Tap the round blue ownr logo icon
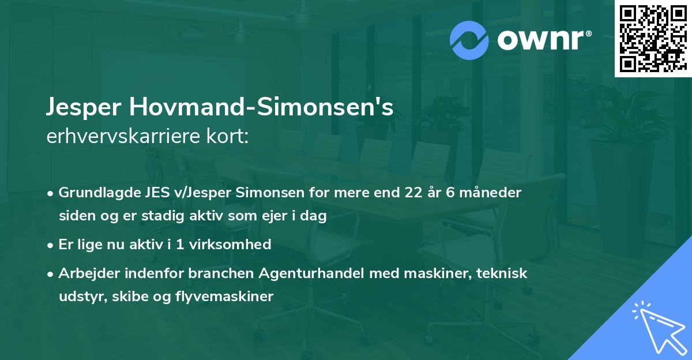[469, 40]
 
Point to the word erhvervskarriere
[118, 137]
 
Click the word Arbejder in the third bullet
[85, 273]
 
